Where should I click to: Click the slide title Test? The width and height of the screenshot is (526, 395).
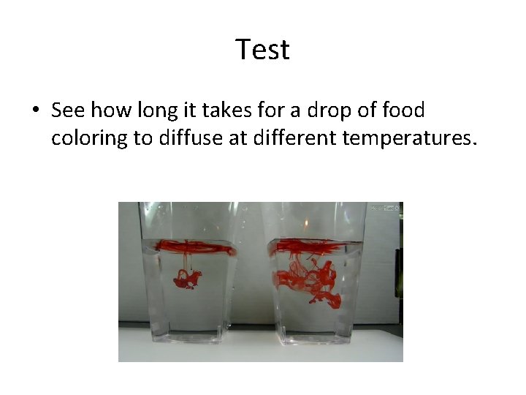pos(263,50)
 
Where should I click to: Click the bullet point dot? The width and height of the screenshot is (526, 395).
pos(34,112)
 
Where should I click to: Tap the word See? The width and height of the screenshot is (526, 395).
pos(68,111)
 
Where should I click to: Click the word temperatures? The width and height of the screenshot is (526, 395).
pos(413,139)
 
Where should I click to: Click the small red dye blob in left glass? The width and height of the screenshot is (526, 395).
pos(188,278)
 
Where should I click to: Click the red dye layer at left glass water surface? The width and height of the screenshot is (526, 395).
pos(194,246)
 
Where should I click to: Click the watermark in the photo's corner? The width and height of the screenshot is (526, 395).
pos(386,208)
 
